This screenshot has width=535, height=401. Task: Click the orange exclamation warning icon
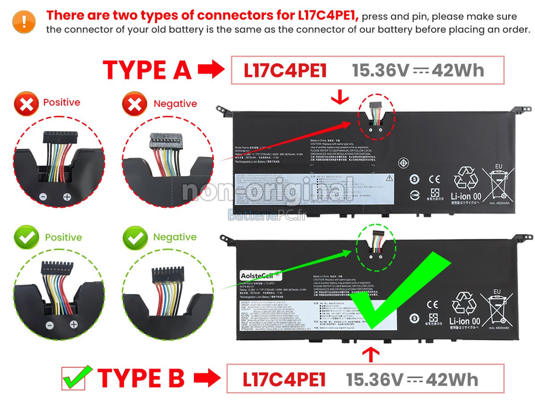24,21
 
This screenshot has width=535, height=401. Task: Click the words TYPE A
147,70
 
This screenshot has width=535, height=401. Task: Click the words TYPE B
141,378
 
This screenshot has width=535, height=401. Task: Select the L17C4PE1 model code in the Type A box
285,70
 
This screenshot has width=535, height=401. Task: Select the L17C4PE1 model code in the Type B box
284,379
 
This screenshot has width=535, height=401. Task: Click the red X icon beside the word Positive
26,104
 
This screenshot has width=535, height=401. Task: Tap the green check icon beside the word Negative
135,237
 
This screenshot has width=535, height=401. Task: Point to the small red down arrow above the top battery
340,97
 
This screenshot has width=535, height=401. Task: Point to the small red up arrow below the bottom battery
372,354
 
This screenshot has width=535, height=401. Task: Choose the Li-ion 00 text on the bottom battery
465,321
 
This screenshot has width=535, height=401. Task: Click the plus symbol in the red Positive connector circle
67,196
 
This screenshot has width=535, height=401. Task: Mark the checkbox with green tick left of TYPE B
76,378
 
